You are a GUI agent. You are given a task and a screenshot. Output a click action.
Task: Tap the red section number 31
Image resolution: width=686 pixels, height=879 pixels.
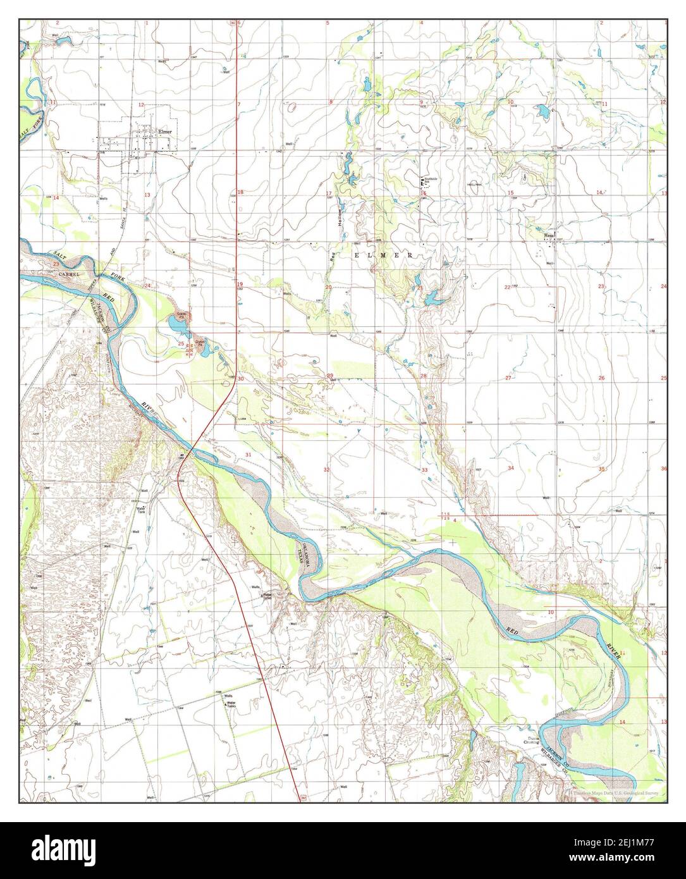click(248, 455)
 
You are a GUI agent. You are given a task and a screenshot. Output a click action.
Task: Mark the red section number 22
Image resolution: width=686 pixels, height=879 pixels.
click(506, 287)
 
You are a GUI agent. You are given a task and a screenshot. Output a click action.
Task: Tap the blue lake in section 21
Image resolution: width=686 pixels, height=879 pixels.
click(433, 298)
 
